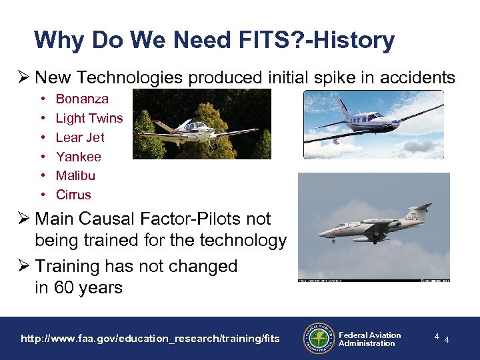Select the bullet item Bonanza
(x=81, y=99)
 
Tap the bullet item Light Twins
(x=89, y=118)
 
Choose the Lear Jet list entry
(x=80, y=137)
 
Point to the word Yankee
(x=79, y=157)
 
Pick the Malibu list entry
(x=75, y=175)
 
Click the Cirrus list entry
(x=73, y=195)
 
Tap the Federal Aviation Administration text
(x=369, y=339)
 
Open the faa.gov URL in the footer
(x=150, y=339)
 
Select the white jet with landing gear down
(x=373, y=227)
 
